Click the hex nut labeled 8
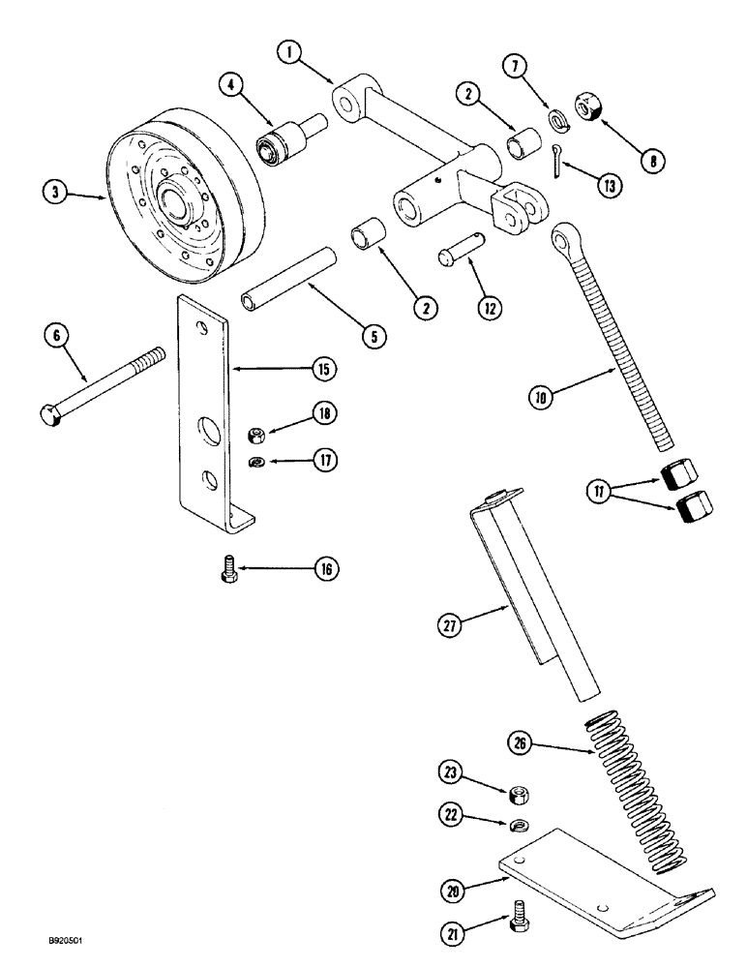589,104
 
